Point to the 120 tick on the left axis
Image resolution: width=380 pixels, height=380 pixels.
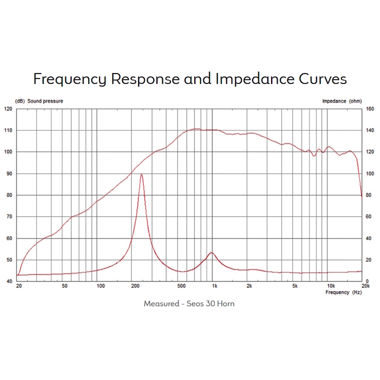pos(8,109)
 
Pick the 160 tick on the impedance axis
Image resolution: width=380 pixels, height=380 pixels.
pos(369,109)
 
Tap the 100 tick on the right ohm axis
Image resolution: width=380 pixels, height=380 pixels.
pos(369,174)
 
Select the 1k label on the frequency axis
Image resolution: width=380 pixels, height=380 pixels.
pos(214,286)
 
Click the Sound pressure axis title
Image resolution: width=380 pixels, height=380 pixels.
pos(46,101)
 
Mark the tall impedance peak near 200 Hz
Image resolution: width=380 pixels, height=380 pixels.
pos(141,174)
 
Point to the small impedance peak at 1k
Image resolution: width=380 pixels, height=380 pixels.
pos(211,252)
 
